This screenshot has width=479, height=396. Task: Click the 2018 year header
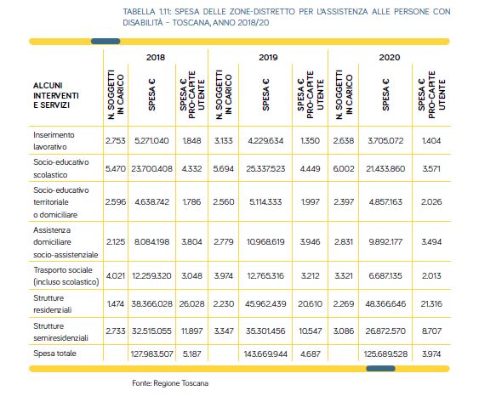coord(156,57)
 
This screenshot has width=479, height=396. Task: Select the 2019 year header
coord(268,57)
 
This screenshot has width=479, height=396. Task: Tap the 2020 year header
coord(390,57)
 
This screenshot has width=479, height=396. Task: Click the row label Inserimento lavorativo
coord(54,141)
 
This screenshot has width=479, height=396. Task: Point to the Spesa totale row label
coord(54,354)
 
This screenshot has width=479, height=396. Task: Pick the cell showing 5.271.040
coord(151,141)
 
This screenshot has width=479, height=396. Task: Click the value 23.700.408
coord(151,169)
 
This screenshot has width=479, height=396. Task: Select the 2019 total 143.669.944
coord(265,354)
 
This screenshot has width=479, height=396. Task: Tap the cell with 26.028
coord(191,304)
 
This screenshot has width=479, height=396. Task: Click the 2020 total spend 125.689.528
coord(385,354)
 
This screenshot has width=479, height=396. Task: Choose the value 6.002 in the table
coord(344,169)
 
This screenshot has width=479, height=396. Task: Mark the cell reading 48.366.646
coord(385,304)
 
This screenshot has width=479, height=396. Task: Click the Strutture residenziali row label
coord(52,304)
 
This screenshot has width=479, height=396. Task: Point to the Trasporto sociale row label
coord(66,276)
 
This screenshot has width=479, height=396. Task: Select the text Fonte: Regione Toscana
coord(170,383)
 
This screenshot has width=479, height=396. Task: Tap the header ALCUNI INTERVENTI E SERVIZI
coord(56,95)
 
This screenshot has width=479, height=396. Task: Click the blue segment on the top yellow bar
coord(105,41)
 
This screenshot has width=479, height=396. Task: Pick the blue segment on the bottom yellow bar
coord(380,369)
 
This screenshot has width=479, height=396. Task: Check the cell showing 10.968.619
coord(265,242)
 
